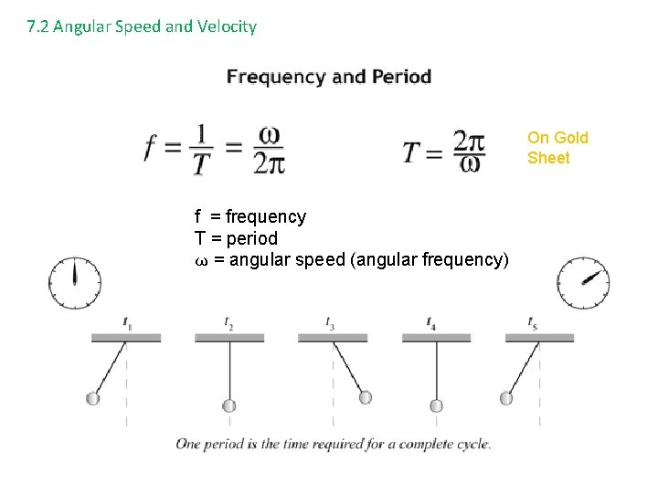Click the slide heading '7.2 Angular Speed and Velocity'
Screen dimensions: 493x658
click(x=142, y=26)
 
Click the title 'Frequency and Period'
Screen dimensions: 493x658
click(x=329, y=77)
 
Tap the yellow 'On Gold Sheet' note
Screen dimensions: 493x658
click(x=557, y=148)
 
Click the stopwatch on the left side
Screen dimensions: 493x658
click(x=75, y=283)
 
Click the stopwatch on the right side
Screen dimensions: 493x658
click(x=584, y=283)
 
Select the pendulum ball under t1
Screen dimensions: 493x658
click(x=92, y=398)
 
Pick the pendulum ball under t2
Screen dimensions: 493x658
click(x=229, y=405)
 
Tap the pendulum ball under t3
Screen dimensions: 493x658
click(x=365, y=397)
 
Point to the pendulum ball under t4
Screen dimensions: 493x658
click(x=436, y=405)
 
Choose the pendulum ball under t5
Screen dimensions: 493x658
click(x=506, y=398)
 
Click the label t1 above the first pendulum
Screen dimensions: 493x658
click(x=127, y=322)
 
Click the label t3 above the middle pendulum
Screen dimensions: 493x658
click(x=331, y=322)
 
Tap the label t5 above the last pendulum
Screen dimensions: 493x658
click(x=532, y=322)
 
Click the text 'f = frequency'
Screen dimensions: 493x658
click(x=250, y=217)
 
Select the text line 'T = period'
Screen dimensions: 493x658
click(x=236, y=238)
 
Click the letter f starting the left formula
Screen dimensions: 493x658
click(x=151, y=149)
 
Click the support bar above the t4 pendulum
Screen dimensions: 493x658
click(x=436, y=338)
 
